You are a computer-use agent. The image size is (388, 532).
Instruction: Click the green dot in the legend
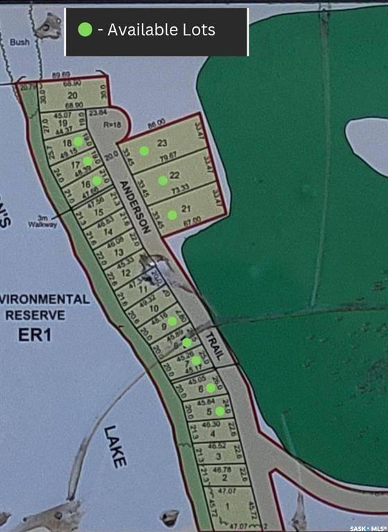coord(85,30)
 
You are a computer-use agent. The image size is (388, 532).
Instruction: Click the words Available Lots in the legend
coord(161,30)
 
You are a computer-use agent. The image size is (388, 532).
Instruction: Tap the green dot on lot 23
coord(144,150)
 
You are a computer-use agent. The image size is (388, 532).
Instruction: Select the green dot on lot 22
coord(162,180)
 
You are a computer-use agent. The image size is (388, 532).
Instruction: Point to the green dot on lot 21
coord(172,215)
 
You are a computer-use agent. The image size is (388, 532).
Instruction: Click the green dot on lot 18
coord(78,141)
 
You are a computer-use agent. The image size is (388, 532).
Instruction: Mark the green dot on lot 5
coord(220,411)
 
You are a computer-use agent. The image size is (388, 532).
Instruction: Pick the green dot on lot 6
coord(210,388)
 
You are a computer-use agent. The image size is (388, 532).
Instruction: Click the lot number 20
coord(72,96)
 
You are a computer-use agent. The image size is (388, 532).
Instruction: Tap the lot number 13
coord(118,253)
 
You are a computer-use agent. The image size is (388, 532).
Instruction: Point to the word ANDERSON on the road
coord(134,206)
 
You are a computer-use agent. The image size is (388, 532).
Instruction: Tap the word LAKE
coord(116,447)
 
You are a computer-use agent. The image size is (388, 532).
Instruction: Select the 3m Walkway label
coord(41,222)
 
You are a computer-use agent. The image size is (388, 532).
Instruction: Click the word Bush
coord(19,42)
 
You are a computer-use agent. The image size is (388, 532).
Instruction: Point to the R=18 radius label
coord(112,126)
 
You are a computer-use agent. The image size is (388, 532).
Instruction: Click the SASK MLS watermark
coord(367,528)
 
